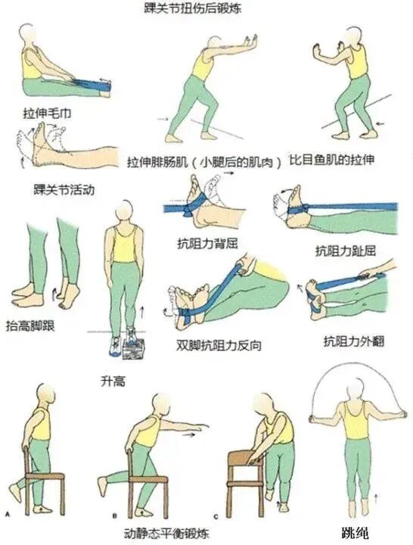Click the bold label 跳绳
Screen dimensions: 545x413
(353, 533)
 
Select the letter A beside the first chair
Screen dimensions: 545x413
(7, 514)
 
